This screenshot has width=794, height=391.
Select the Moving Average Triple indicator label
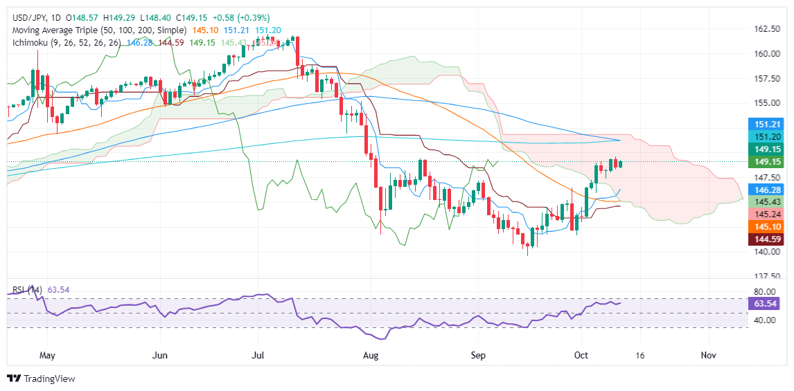click(x=97, y=30)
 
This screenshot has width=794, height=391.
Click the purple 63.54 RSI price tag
click(x=767, y=303)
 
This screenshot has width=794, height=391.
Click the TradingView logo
click(x=41, y=379)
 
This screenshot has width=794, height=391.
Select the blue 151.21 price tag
click(x=767, y=124)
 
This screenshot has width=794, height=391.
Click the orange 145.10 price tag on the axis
click(x=767, y=226)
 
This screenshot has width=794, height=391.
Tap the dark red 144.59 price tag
click(x=767, y=239)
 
